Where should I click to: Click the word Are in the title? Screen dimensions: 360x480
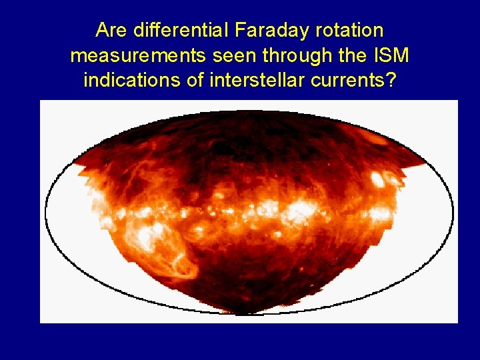111,30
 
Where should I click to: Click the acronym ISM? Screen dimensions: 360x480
393,55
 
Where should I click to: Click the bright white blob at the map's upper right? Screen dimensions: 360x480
377,179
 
